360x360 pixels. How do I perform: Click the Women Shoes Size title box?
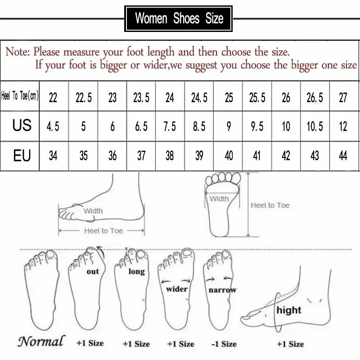179,18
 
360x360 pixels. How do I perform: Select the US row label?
22,126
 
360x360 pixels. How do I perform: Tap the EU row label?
22,156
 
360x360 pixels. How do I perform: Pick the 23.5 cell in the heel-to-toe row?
141,97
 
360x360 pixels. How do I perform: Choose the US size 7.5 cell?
170,126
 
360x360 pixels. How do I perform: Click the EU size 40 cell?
229,156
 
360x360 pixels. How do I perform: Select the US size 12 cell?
343,126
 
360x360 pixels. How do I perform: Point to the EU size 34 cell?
53,156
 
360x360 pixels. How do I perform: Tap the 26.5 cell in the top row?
315,97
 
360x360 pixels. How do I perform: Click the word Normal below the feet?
41,341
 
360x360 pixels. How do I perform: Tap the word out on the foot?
92,271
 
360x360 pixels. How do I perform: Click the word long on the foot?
136,271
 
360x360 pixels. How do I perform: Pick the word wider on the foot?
176,288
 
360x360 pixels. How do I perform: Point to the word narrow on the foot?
222,290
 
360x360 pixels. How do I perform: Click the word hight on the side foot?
288,310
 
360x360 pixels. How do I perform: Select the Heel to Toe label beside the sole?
270,205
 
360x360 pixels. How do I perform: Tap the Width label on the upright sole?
219,198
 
